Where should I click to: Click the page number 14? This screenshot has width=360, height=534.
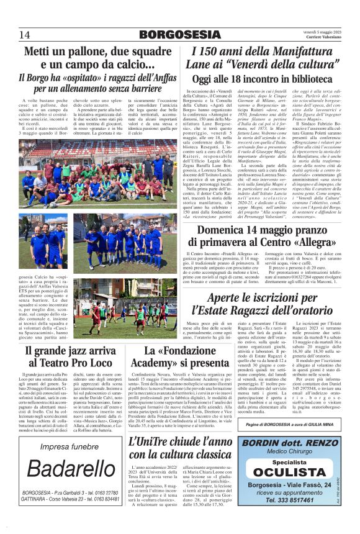click(25, 34)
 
